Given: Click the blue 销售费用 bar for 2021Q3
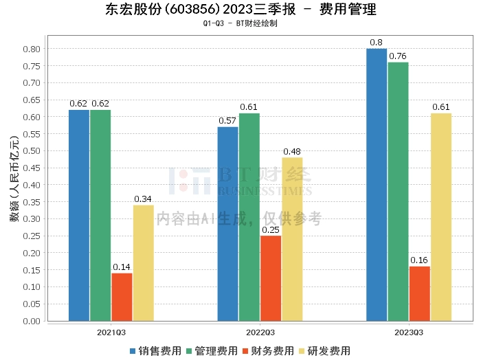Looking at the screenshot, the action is tap(79, 216).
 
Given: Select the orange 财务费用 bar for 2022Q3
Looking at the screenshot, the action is tap(271, 278).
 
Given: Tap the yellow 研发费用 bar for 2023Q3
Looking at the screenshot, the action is tap(441, 217).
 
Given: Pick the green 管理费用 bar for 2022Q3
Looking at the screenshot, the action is tap(249, 217).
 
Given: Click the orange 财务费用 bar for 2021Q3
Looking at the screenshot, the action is tap(122, 297).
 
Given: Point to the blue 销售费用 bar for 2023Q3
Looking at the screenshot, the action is tap(377, 185).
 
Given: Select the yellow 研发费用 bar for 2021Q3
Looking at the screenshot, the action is tap(144, 263).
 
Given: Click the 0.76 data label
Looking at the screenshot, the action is tap(398, 56).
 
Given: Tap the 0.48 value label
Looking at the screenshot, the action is tap(292, 151).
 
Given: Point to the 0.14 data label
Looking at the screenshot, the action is tap(122, 267).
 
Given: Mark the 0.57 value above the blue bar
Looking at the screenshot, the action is tap(227, 121).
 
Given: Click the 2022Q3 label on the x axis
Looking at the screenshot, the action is tap(260, 333).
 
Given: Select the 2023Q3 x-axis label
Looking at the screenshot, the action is tap(409, 333).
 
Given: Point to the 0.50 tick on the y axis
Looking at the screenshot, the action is tap(32, 151).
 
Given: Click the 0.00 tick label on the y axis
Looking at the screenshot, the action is tap(32, 321).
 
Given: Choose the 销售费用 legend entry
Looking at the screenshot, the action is tap(155, 351).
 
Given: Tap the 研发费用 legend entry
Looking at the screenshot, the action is tap(324, 351).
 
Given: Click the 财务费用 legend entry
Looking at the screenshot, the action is tap(268, 351).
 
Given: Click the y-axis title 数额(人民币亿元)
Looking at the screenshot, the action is tap(14, 179).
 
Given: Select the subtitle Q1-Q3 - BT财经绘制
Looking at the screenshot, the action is tap(240, 23).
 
